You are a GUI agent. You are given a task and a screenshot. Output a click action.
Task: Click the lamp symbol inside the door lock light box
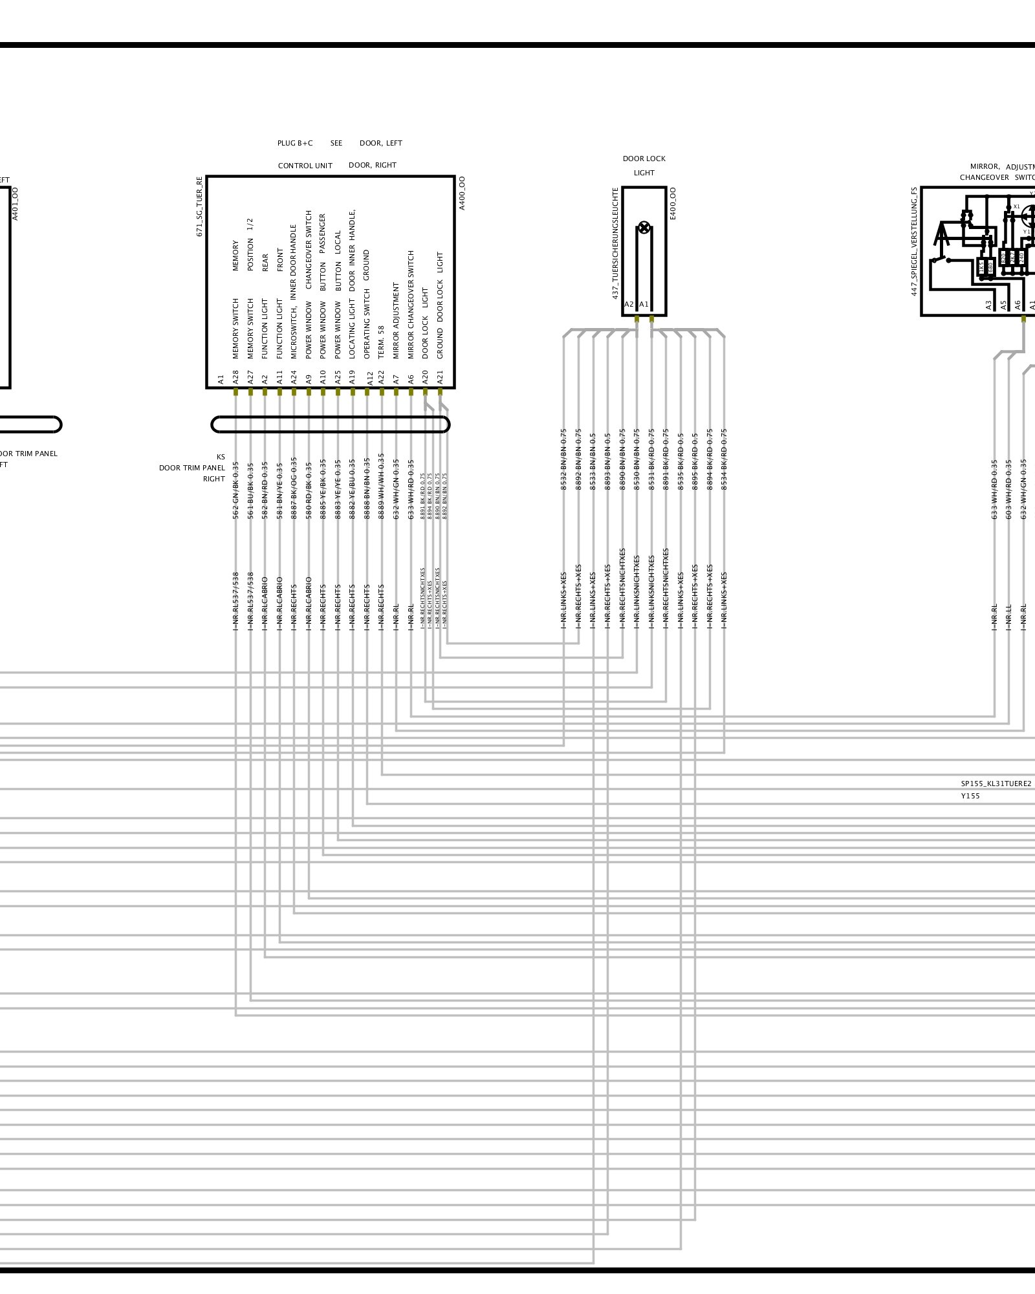(644, 227)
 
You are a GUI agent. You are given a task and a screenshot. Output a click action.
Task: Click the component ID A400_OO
(462, 193)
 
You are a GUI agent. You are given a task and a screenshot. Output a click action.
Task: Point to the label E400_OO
(673, 204)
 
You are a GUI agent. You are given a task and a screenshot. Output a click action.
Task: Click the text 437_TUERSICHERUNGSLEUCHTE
(616, 243)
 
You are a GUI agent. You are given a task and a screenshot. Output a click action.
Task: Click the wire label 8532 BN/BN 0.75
(563, 459)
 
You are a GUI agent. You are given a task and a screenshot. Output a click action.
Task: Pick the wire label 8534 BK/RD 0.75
(724, 459)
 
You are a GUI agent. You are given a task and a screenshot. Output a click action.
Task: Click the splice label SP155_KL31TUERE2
(996, 784)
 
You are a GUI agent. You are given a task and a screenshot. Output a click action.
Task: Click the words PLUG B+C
(295, 143)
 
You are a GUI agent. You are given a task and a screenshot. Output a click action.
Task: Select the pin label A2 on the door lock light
(629, 304)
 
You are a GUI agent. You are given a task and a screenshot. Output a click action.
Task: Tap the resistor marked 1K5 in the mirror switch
(981, 266)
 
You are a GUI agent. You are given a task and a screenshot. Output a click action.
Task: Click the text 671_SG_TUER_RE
(200, 206)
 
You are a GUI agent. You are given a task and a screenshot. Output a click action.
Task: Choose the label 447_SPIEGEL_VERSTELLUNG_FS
(914, 241)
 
